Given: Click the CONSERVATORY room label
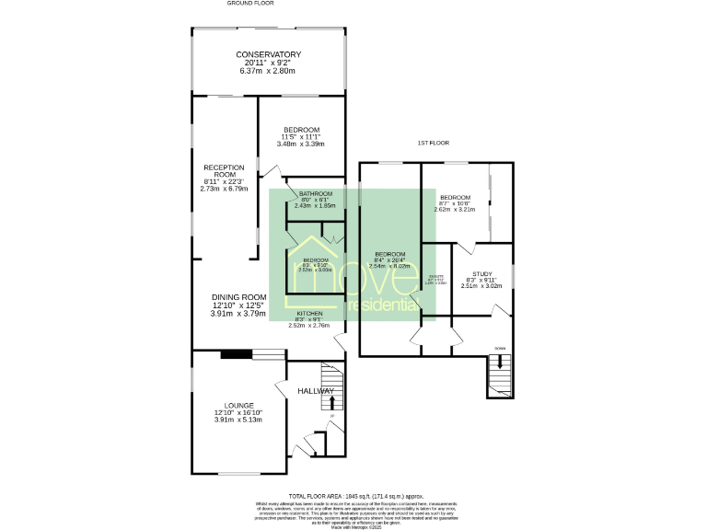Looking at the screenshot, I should click(267, 54).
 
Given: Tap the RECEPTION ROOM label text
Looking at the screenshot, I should click(224, 171).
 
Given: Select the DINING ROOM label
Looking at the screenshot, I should click(238, 296).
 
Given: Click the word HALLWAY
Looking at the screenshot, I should click(315, 392).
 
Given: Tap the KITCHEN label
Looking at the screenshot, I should click(309, 314).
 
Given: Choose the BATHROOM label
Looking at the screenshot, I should click(315, 193).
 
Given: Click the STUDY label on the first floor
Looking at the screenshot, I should click(481, 274).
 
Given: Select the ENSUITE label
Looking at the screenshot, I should click(436, 276).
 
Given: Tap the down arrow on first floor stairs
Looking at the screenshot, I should click(500, 363).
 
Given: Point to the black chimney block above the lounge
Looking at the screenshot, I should click(236, 352).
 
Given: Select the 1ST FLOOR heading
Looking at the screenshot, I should click(432, 144).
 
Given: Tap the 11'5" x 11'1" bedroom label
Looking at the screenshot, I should click(301, 129).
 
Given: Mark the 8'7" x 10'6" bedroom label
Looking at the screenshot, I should click(455, 198).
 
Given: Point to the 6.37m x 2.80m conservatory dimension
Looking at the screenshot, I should click(267, 71).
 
